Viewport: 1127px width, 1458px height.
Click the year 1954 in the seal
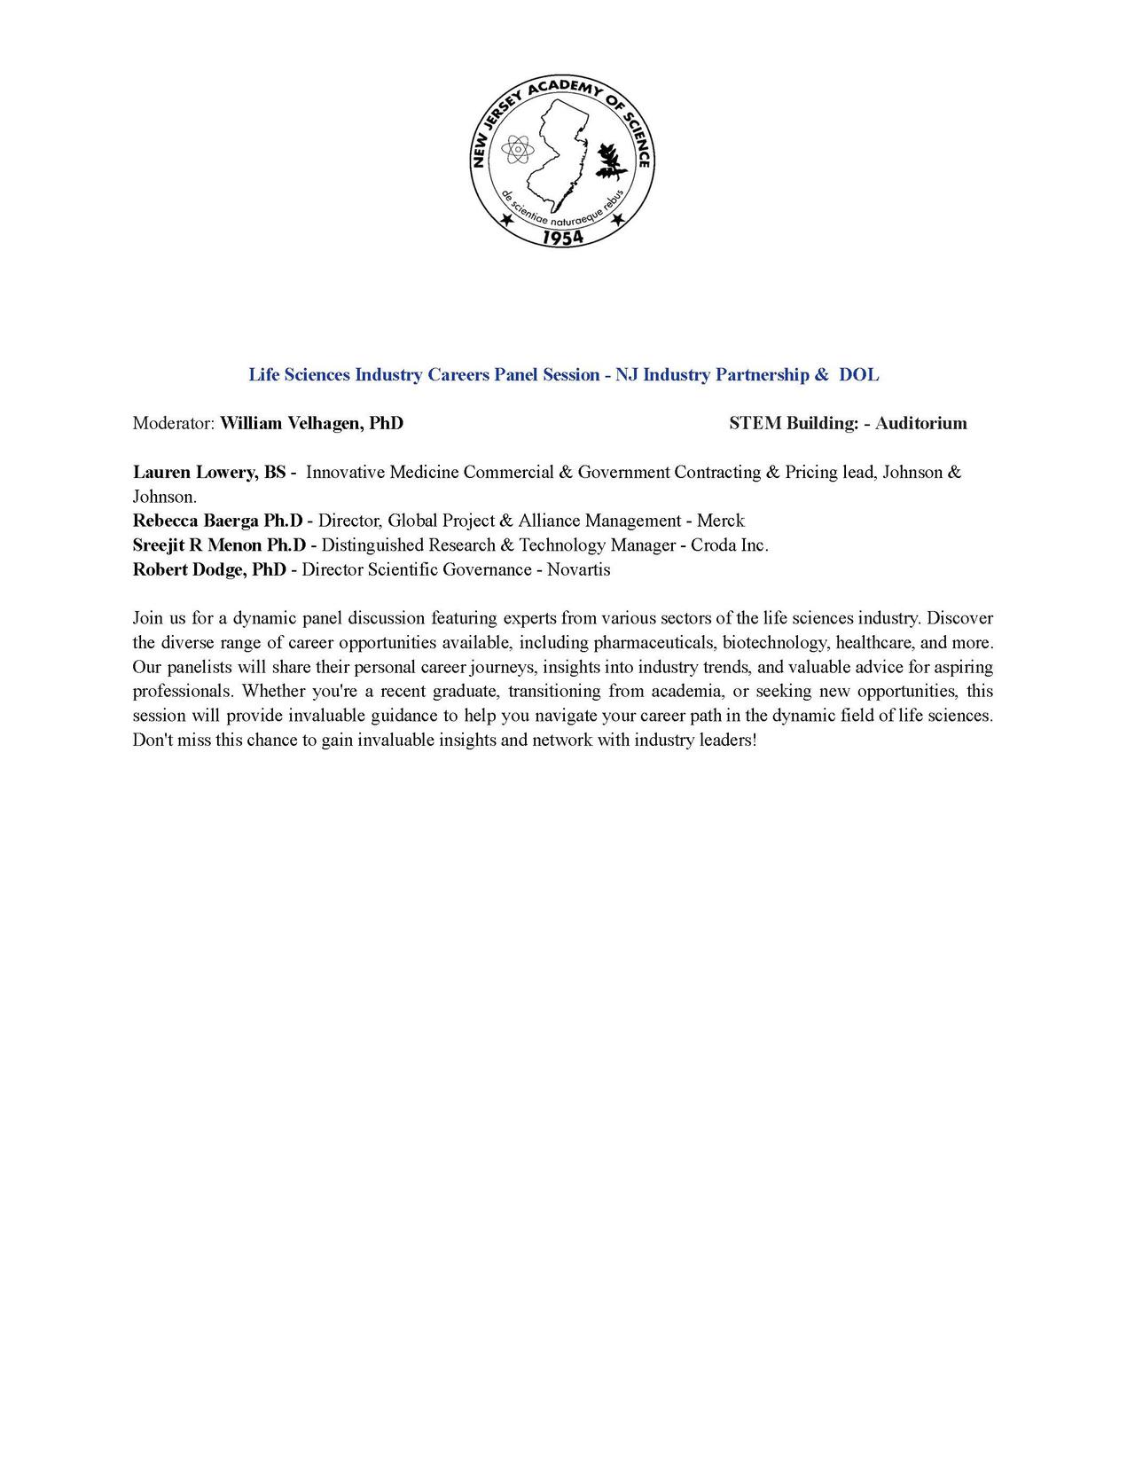click(563, 237)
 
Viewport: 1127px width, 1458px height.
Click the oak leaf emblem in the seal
click(610, 161)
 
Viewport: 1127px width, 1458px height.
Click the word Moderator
click(173, 423)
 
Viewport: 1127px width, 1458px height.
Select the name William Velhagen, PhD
click(311, 423)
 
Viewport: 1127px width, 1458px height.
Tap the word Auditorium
click(920, 423)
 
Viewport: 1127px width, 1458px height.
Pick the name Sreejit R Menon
click(198, 545)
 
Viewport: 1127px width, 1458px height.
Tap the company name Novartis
click(578, 569)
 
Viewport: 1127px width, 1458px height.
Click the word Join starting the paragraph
click(147, 618)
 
